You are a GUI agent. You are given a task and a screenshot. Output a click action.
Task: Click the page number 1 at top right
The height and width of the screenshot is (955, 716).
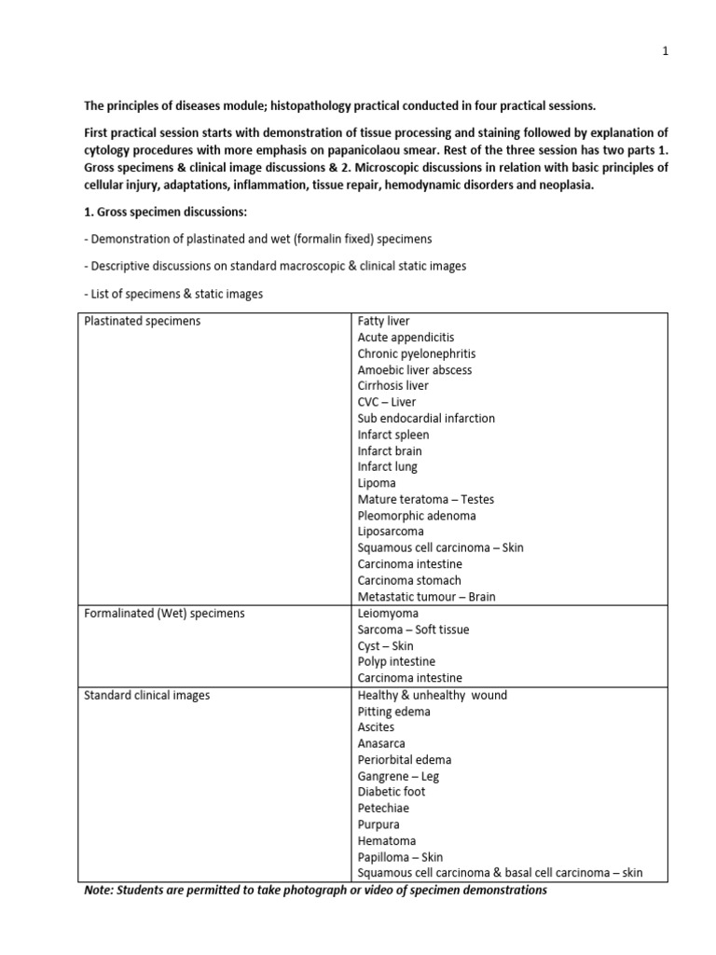[666, 53]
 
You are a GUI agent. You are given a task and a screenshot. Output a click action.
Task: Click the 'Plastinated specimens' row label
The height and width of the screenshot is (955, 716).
[142, 322]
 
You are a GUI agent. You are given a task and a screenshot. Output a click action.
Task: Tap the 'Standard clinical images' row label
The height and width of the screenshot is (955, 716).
[146, 695]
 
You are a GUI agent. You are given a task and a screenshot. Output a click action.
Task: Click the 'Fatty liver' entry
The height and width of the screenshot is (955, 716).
[383, 322]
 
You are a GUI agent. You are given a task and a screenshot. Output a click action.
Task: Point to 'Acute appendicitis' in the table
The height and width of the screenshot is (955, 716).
[406, 338]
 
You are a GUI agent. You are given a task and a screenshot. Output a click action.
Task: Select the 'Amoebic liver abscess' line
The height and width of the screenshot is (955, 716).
[414, 370]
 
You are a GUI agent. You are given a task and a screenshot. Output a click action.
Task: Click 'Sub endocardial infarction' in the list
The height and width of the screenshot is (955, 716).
[426, 419]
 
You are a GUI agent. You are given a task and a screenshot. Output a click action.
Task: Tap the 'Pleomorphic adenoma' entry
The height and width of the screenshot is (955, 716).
[416, 516]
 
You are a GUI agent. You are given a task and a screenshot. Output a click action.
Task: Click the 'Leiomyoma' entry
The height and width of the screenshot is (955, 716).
[388, 614]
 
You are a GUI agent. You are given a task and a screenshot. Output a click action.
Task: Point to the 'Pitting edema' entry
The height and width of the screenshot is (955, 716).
[393, 712]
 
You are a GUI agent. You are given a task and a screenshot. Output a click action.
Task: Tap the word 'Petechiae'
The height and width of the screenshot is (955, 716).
[383, 809]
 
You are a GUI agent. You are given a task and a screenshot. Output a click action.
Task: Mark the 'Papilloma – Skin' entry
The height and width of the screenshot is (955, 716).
[400, 857]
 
